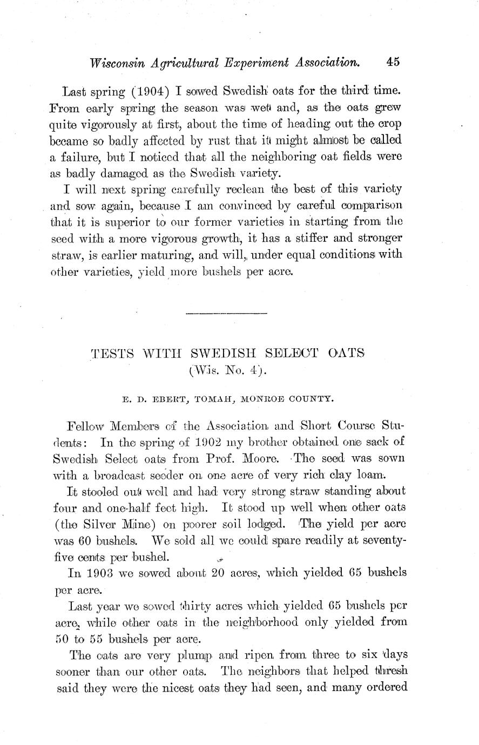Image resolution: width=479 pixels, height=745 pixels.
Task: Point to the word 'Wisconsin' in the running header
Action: [x=117, y=64]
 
